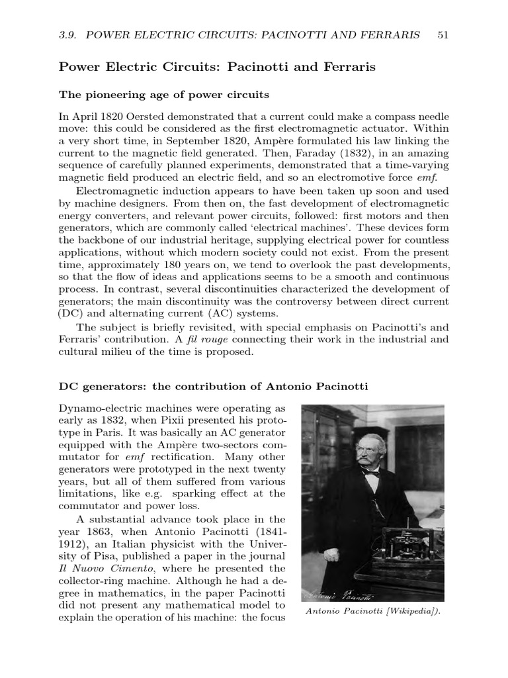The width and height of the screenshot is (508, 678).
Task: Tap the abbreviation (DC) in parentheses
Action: pos(69,313)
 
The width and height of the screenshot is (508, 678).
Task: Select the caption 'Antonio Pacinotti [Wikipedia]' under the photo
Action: pos(372,612)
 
